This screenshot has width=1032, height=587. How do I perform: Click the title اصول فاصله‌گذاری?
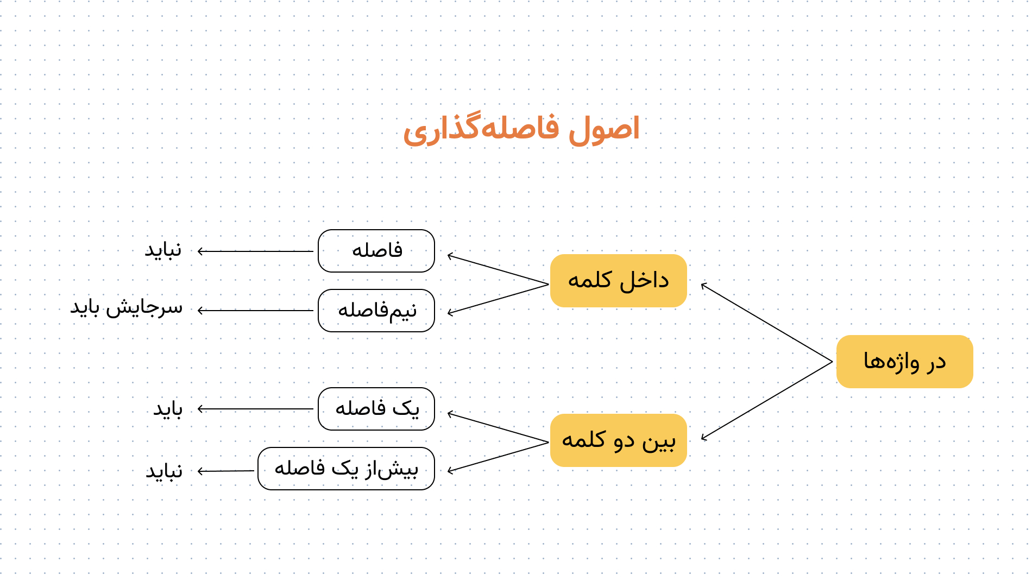[521, 129]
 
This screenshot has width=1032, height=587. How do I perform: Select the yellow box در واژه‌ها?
[904, 362]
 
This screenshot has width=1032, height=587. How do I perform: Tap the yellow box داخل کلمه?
[619, 281]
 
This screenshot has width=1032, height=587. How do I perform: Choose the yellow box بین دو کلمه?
[619, 440]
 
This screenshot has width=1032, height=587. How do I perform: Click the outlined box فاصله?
[376, 251]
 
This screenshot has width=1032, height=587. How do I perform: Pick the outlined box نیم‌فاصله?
[376, 311]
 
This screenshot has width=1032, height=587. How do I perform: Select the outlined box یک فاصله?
[376, 409]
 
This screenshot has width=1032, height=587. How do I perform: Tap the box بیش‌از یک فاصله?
[346, 469]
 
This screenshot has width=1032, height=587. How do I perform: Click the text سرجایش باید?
[127, 307]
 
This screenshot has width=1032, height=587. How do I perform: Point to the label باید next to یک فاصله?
[168, 409]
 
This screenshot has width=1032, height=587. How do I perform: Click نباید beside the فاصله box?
[163, 250]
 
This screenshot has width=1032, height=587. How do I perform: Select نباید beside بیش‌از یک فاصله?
[164, 471]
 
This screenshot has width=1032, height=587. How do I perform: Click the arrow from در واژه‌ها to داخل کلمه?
[766, 323]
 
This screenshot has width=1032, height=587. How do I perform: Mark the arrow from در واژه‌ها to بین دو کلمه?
[766, 401]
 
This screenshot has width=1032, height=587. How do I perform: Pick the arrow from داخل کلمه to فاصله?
[498, 269]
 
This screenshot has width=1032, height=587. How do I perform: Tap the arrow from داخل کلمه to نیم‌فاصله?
[498, 299]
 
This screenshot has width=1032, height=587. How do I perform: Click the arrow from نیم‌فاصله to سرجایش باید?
[256, 311]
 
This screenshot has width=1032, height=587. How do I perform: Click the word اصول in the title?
[604, 129]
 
